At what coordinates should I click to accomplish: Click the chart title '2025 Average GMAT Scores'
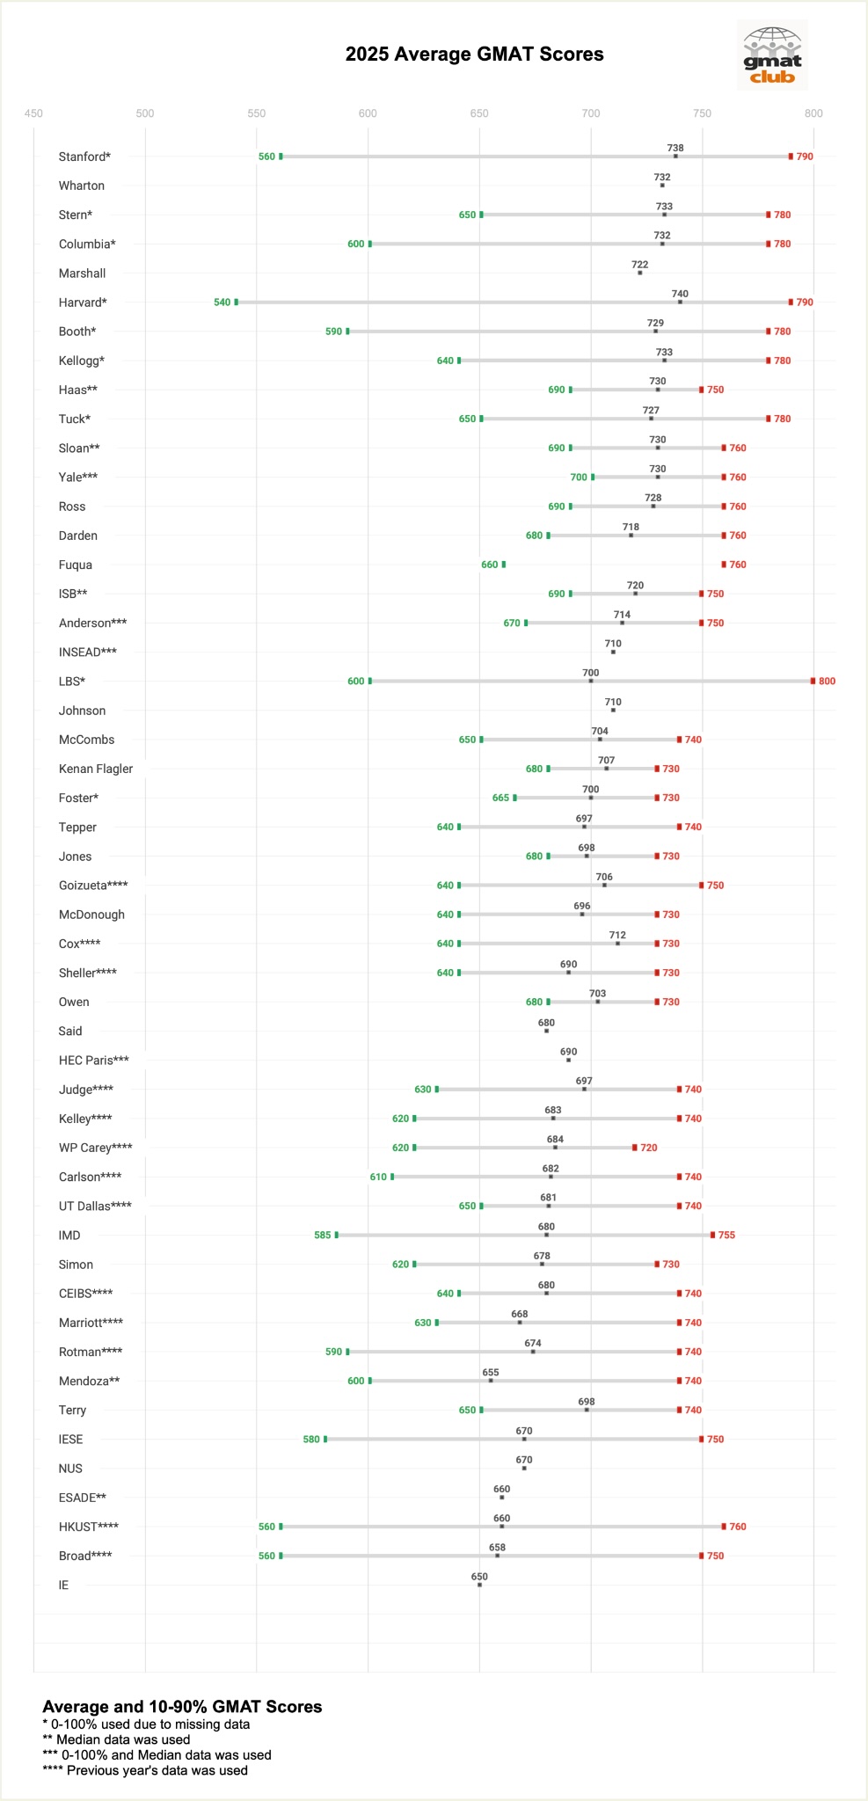[x=474, y=55]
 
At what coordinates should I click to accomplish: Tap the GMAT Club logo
[x=772, y=55]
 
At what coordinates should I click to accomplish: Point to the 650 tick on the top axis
[x=479, y=113]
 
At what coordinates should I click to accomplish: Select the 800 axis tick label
[x=813, y=113]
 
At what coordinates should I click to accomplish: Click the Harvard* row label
[x=83, y=303]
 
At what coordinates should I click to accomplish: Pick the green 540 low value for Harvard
[x=222, y=303]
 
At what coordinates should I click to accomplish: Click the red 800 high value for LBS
[x=827, y=682]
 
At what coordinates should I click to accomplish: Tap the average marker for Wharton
[x=662, y=186]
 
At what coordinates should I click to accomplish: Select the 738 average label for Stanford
[x=675, y=149]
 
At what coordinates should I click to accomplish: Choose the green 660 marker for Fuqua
[x=504, y=565]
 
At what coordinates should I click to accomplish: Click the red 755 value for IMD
[x=726, y=1236]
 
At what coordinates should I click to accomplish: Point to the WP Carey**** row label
[x=95, y=1148]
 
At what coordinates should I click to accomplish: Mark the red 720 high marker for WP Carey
[x=635, y=1148]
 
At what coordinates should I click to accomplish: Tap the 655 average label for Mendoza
[x=491, y=1372]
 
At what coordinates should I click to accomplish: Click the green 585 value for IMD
[x=323, y=1236]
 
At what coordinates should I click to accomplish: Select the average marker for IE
[x=479, y=1585]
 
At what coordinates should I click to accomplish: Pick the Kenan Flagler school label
[x=96, y=769]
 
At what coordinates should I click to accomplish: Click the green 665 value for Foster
[x=500, y=798]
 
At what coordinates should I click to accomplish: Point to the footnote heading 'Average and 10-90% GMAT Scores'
[x=182, y=1706]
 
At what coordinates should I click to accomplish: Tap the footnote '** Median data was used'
[x=116, y=1739]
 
